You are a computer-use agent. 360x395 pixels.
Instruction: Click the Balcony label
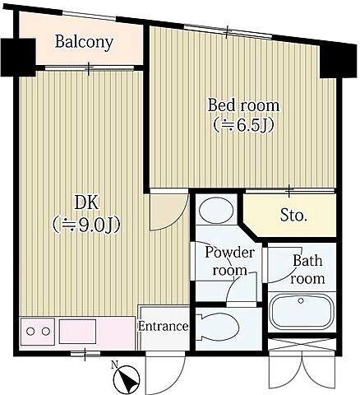(84, 43)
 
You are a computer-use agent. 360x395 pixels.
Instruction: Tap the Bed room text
(243, 105)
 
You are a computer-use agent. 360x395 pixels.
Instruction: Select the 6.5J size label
(244, 126)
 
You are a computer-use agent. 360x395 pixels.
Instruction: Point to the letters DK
(86, 203)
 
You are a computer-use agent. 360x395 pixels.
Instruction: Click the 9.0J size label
(86, 225)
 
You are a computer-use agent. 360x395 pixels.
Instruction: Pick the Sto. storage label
(293, 216)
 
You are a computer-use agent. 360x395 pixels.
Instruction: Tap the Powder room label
(230, 262)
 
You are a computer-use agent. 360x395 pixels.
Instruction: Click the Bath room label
(307, 270)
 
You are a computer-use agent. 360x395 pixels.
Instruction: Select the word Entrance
(164, 327)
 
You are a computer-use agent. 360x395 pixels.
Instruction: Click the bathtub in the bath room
(302, 312)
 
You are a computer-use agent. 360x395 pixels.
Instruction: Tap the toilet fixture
(218, 327)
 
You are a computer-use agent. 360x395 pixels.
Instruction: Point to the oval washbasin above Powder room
(216, 211)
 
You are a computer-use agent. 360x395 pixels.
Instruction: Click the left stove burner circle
(30, 332)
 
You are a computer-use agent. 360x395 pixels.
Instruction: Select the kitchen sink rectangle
(78, 331)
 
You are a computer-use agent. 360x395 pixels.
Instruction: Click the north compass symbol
(127, 380)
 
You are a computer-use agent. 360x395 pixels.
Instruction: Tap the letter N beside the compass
(114, 365)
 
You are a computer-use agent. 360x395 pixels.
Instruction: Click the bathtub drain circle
(301, 301)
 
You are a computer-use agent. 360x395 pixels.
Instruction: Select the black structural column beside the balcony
(18, 58)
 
